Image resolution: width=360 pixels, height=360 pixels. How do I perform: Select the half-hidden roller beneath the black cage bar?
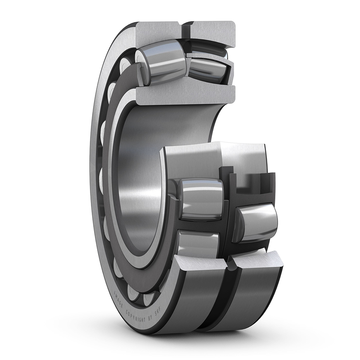[x=198, y=245]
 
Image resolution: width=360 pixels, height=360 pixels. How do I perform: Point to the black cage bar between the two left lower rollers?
[x=200, y=225]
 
